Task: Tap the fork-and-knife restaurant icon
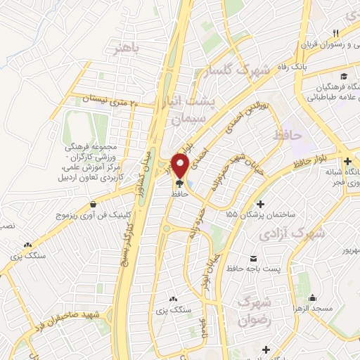pos(336,34)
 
